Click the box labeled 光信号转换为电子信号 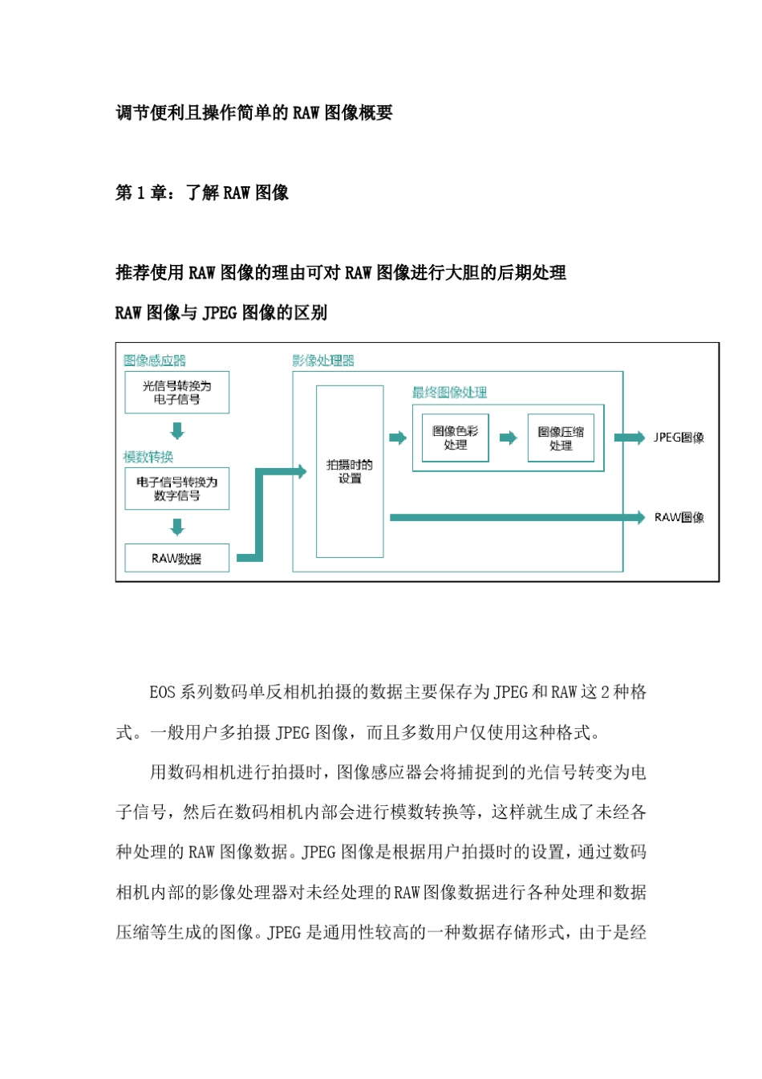(176, 393)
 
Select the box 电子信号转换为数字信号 (176, 489)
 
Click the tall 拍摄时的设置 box (350, 472)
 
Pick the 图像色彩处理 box (455, 438)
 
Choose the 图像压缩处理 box (561, 438)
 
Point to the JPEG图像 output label (679, 438)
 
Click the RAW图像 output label (679, 518)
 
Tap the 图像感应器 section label (155, 360)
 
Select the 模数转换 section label (148, 457)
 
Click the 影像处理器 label (323, 360)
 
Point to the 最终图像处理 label (449, 393)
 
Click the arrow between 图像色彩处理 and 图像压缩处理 (509, 438)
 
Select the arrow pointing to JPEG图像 (630, 438)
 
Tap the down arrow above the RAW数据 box (178, 527)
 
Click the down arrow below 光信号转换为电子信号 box (178, 431)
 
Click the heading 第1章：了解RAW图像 (202, 193)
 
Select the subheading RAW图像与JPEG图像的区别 (221, 313)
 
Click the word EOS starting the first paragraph (162, 692)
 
